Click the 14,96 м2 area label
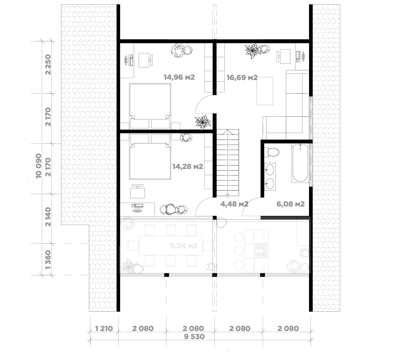tap(179, 77)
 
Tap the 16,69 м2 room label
tap(242, 77)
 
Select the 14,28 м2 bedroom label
tap(188, 166)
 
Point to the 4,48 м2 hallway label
tap(234, 204)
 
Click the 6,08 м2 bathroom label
tap(290, 204)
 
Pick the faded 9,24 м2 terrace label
tap(184, 246)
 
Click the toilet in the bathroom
tap(272, 152)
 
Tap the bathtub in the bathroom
tap(300, 163)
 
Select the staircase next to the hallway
tap(228, 163)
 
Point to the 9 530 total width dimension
tap(194, 336)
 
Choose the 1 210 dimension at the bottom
tap(104, 328)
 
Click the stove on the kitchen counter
tap(261, 251)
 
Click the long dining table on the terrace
tap(171, 245)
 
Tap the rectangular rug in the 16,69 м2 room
tap(265, 91)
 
